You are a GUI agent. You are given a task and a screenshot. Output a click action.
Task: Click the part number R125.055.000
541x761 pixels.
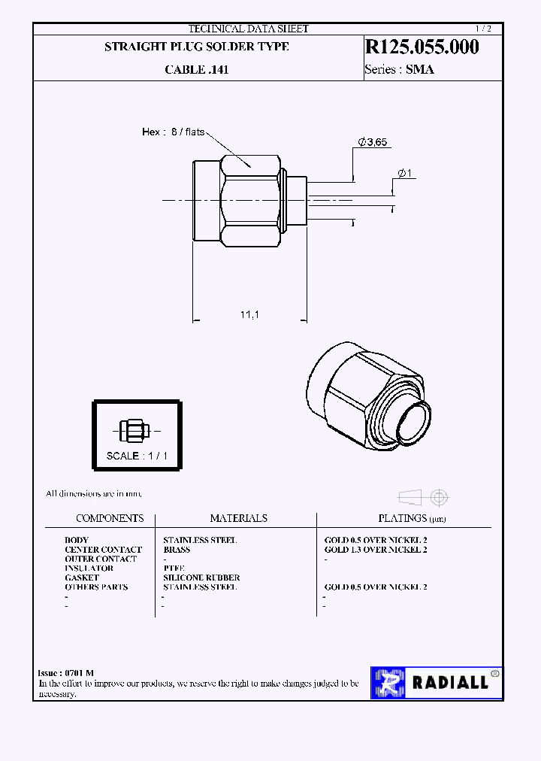pos(422,47)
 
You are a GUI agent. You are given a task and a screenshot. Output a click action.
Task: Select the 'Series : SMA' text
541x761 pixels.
pos(399,70)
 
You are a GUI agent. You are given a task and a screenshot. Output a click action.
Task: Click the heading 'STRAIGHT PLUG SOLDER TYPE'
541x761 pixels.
pos(196,47)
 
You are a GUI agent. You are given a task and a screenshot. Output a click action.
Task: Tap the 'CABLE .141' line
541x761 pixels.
pos(196,70)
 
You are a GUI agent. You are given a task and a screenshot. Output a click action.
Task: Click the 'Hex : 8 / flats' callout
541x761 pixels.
pos(173,132)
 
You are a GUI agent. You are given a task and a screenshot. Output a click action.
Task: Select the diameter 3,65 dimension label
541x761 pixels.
pos(373,142)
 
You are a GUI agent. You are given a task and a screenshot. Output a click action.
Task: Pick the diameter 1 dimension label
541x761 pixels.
pos(403,174)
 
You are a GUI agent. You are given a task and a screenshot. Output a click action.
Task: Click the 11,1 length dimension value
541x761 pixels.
pos(249,315)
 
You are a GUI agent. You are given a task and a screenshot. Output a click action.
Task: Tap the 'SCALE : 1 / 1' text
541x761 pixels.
pos(137,456)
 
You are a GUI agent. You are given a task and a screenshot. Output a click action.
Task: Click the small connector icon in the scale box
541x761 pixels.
pos(136,432)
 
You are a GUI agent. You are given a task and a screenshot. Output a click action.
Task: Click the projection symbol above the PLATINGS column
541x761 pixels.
pos(424,497)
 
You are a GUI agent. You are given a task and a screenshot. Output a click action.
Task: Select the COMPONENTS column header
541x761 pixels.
pos(110,518)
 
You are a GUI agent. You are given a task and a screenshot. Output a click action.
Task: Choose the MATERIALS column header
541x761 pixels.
pos(238,518)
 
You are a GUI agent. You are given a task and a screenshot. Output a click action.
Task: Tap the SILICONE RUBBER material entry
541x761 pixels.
pos(201,578)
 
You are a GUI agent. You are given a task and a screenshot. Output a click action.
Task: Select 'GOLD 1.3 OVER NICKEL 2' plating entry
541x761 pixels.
pos(376,550)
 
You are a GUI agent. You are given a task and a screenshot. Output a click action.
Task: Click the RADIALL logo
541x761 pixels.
pos(435,682)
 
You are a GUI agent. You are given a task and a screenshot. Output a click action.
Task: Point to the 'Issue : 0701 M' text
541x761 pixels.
pos(66,673)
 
